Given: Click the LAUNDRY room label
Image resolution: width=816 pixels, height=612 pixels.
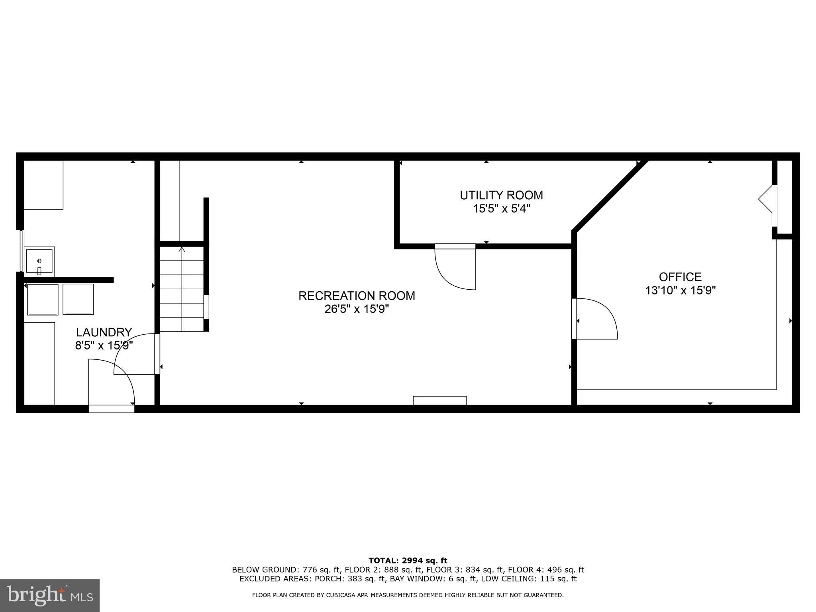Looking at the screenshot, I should click(x=104, y=332).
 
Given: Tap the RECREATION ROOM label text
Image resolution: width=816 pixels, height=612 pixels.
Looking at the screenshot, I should click(x=357, y=296).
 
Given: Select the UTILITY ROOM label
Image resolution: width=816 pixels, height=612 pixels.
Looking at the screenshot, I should click(x=501, y=195).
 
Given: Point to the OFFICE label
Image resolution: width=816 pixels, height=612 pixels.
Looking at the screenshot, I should click(x=680, y=277).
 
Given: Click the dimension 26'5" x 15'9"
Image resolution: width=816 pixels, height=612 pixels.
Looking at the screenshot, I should click(x=357, y=309).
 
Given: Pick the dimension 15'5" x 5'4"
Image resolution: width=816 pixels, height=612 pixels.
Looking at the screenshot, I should click(x=501, y=209).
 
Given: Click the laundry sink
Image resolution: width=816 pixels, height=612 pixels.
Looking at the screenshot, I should click(x=39, y=261).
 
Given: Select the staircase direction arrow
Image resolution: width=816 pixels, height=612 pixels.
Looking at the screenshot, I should click(x=182, y=250).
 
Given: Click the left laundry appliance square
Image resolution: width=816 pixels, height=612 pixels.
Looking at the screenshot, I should click(x=43, y=299).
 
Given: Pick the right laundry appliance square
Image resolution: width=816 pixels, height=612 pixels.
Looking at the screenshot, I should click(x=78, y=299).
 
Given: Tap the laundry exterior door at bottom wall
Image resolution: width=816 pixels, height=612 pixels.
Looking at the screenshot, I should click(x=111, y=408).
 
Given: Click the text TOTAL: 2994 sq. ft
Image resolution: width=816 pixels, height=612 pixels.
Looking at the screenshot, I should click(x=408, y=561).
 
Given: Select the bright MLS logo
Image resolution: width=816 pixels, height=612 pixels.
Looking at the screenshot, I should click(x=49, y=596).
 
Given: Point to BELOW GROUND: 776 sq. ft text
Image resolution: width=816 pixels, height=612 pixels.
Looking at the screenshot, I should click(x=286, y=570).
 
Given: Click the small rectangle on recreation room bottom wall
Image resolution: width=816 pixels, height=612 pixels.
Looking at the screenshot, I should click(x=439, y=400).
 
